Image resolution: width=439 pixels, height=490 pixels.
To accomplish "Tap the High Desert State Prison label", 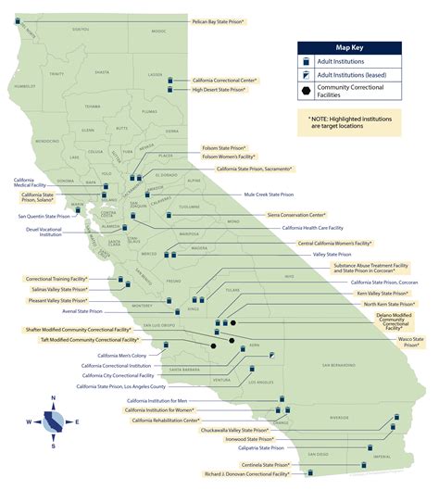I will click(224, 90).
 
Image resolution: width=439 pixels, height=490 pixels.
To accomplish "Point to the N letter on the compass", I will click(53, 398).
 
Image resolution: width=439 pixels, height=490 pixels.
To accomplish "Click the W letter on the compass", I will click(30, 422).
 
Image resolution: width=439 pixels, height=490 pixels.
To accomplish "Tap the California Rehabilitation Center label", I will click(166, 421).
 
